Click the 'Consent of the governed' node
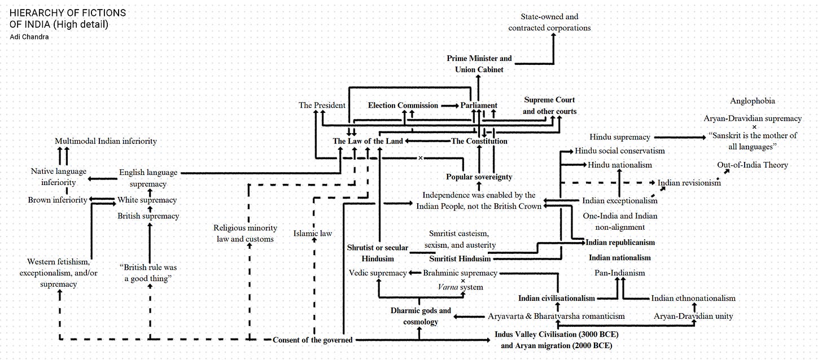(312, 340)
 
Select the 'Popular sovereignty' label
(479, 177)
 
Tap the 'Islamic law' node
(313, 232)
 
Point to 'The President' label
(322, 105)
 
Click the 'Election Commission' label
(403, 105)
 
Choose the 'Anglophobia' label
(752, 101)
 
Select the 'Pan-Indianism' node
(619, 273)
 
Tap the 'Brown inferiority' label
(58, 200)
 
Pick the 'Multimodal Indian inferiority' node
(106, 141)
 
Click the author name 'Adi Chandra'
(29, 37)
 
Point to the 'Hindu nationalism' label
(619, 165)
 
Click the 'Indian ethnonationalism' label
(693, 298)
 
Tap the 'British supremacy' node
(148, 216)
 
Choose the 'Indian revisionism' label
(689, 183)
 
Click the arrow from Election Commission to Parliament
(449, 106)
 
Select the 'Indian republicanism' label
(620, 242)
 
